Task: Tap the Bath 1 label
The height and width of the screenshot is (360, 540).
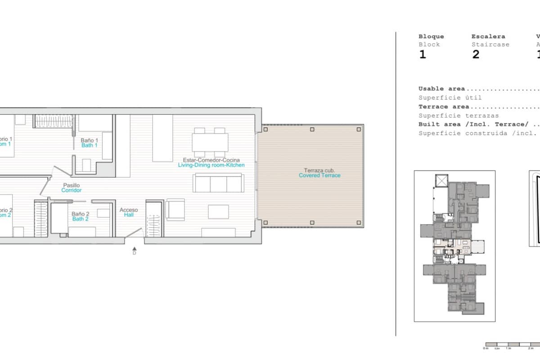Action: pos(89,143)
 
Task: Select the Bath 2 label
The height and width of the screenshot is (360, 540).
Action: pos(80,216)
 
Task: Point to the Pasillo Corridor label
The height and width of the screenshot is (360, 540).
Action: pos(72,188)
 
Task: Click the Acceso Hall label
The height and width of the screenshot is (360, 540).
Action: pos(129,212)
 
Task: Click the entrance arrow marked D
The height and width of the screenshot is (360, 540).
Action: pos(134,250)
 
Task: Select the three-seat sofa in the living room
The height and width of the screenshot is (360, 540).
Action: pos(219,183)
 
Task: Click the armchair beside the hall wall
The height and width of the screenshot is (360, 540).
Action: pos(175,210)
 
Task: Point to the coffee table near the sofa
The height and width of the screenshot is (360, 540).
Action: pos(218,211)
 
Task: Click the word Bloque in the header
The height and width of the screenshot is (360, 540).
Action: pos(431,36)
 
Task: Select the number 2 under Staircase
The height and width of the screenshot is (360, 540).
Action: pos(476,55)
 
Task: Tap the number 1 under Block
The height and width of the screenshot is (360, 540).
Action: pos(422,55)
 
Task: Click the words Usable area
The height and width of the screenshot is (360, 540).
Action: pos(441,89)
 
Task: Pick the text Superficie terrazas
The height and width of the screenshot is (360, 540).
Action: pos(458,116)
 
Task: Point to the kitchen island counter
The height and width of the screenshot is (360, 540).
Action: pos(162,138)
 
